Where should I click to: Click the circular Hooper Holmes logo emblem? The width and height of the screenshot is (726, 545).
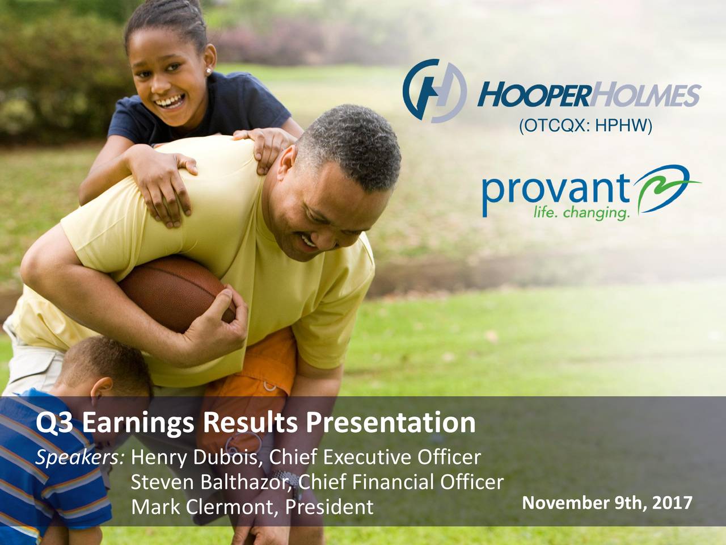[x=434, y=91]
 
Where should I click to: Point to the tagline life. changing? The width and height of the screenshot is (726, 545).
[x=581, y=213]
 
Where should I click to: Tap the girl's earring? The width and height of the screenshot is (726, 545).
[x=209, y=72]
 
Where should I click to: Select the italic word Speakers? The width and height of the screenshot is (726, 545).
[x=80, y=457]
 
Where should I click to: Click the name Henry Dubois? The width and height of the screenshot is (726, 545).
[x=196, y=457]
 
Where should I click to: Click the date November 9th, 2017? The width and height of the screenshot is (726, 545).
[x=606, y=502]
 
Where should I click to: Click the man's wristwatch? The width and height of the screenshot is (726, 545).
[x=291, y=480]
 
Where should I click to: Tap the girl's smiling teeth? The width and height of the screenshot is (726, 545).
[x=168, y=103]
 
